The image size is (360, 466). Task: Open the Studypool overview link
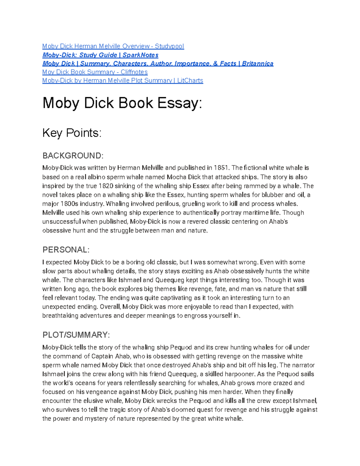[x=113, y=46]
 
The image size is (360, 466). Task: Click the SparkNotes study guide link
[x=100, y=55]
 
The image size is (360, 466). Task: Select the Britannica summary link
[x=157, y=64]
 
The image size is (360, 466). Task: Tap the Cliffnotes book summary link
[x=95, y=72]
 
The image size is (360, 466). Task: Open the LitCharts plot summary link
[x=122, y=80]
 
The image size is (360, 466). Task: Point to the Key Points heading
[x=72, y=133]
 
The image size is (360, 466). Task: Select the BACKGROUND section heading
[x=73, y=156]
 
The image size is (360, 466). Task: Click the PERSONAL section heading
[x=66, y=250]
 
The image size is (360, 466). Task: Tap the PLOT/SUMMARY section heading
[x=76, y=335]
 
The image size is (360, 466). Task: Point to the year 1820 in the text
[x=106, y=186]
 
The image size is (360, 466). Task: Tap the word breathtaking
[x=60, y=316]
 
